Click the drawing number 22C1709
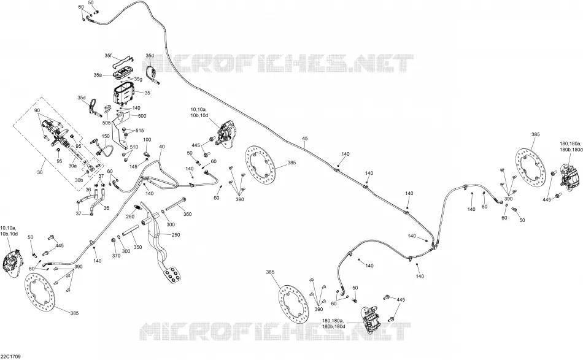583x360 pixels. coord(10,357)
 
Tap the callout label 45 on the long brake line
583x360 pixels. coord(305,139)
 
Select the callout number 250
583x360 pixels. coord(176,235)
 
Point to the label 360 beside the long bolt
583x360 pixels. coord(187,214)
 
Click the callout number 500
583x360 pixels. coord(142,116)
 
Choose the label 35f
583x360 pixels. coord(108,56)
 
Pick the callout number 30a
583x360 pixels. coord(72,166)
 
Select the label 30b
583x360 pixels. coord(79,180)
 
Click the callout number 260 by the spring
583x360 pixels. coord(130,217)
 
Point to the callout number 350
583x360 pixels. coord(137,247)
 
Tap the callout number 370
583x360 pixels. coord(116,256)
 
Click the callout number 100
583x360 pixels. coord(147,140)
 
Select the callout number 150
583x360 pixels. coord(106,136)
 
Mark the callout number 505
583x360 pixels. coord(106,123)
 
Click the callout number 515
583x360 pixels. coord(139,131)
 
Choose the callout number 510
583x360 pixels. coord(134,147)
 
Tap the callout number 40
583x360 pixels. coord(162,147)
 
